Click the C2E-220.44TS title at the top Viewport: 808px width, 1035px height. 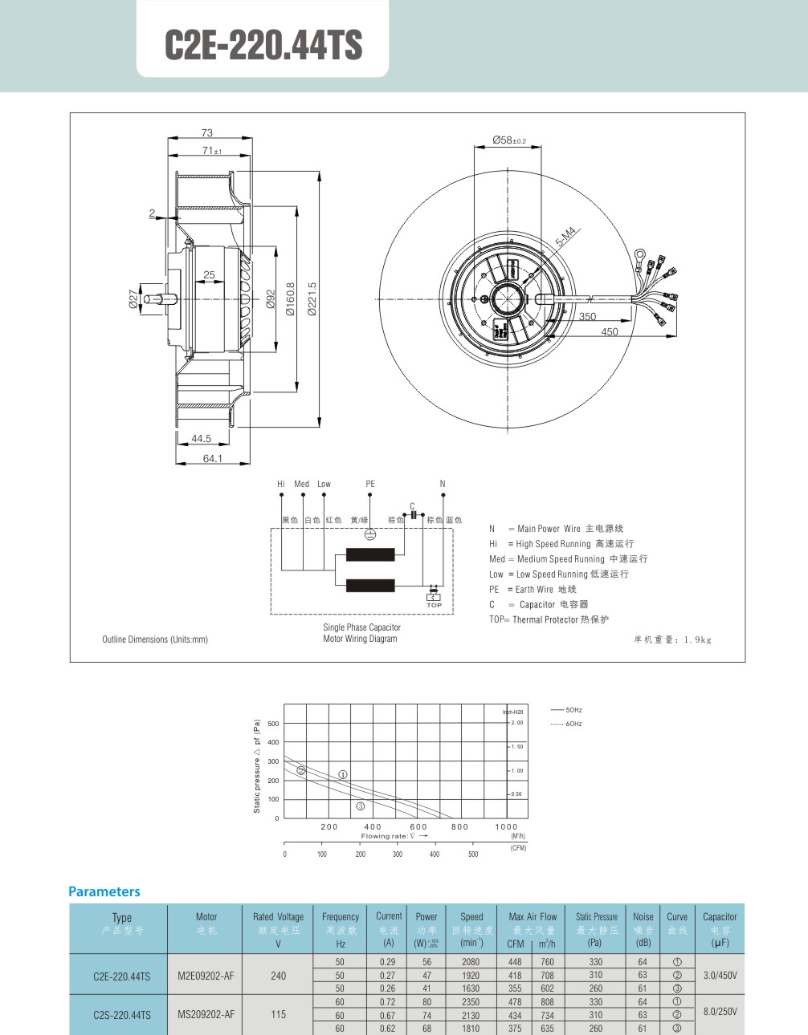(x=263, y=45)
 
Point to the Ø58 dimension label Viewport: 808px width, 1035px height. (x=509, y=140)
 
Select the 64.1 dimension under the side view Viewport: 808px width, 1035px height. (x=212, y=458)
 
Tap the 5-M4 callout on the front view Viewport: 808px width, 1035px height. (x=566, y=237)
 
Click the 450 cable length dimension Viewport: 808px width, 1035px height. (x=610, y=332)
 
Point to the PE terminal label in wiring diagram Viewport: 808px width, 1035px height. (x=369, y=484)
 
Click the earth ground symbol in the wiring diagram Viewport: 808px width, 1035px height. (x=369, y=534)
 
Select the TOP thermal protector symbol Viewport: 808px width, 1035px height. (x=434, y=597)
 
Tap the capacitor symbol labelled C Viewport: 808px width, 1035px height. (x=413, y=514)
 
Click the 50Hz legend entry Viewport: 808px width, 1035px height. (x=566, y=710)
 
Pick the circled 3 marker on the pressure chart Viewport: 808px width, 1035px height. (x=361, y=806)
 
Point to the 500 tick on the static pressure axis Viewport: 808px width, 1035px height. (x=273, y=724)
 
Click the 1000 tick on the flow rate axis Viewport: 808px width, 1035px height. (x=506, y=826)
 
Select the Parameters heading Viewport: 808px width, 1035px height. (x=104, y=891)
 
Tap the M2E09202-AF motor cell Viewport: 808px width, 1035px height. (x=206, y=976)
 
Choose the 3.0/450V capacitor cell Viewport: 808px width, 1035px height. (x=720, y=976)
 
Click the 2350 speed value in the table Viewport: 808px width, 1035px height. (x=471, y=1002)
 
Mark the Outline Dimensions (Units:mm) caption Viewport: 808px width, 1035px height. (x=155, y=639)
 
